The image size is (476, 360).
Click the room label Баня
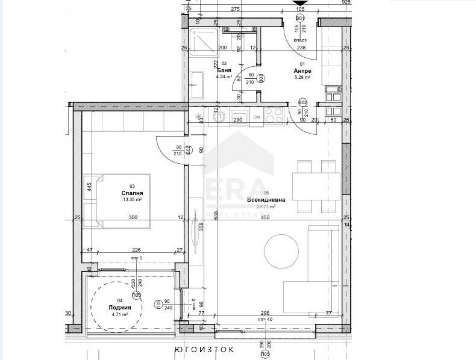[x=224, y=70]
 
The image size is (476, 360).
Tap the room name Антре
[x=302, y=70]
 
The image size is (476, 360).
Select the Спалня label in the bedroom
[x=131, y=193]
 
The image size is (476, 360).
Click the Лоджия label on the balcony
[x=120, y=306]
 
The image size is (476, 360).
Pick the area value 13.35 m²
[x=131, y=200]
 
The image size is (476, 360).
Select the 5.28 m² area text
[x=302, y=77]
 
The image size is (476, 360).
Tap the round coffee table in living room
[x=282, y=247]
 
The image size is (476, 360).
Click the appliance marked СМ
[x=256, y=116]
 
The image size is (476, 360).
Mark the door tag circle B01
[x=299, y=19]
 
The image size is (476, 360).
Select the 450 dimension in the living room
[x=265, y=218]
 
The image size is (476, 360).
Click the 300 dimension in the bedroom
[x=133, y=218]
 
